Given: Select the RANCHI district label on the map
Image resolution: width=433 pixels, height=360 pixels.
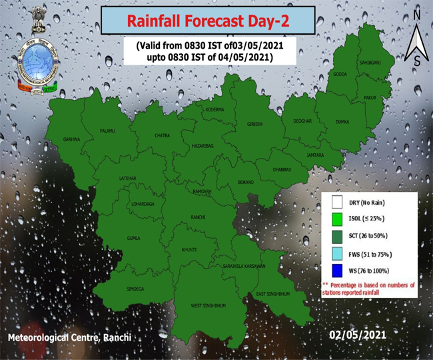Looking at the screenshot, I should coord(199,217).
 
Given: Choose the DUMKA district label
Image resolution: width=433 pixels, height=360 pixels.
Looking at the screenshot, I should coord(342,123).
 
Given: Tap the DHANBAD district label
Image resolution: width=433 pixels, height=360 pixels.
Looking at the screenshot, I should coord(282,169).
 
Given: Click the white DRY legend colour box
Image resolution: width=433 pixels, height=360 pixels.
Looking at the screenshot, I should coord(337,202).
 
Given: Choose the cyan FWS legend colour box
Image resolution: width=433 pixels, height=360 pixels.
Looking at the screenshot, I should coord(337,253).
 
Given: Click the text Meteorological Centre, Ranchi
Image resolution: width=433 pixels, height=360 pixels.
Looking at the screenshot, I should coord(69,339).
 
